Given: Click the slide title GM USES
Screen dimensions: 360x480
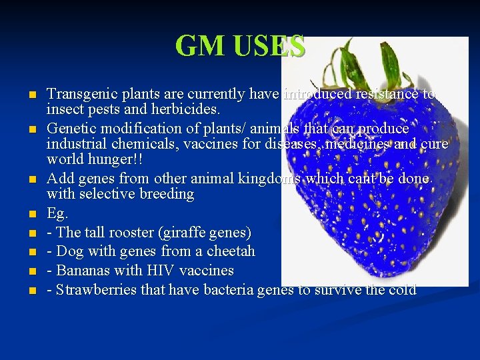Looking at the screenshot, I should [x=240, y=46].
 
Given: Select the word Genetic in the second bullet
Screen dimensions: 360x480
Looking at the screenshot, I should [x=70, y=128].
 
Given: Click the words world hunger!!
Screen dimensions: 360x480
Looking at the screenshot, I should [x=95, y=159].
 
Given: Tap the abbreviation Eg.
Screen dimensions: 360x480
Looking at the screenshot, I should [x=58, y=214].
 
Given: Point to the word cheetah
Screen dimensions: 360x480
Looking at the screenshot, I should [x=229, y=252].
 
